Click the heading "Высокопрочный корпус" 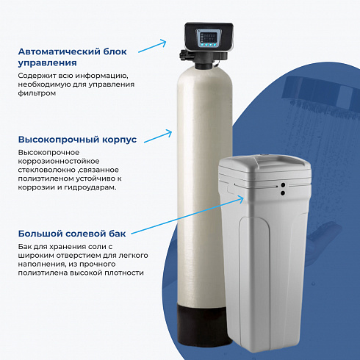[77, 140]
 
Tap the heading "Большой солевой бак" [72, 234]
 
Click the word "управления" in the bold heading [48, 63]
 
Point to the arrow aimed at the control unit [152, 46]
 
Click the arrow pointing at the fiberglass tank [158, 136]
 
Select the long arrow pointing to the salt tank [187, 215]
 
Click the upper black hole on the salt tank [283, 185]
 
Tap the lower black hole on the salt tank [283, 193]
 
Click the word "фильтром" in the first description [37, 93]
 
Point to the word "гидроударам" [90, 187]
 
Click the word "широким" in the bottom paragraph [36, 256]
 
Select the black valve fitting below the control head [204, 57]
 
